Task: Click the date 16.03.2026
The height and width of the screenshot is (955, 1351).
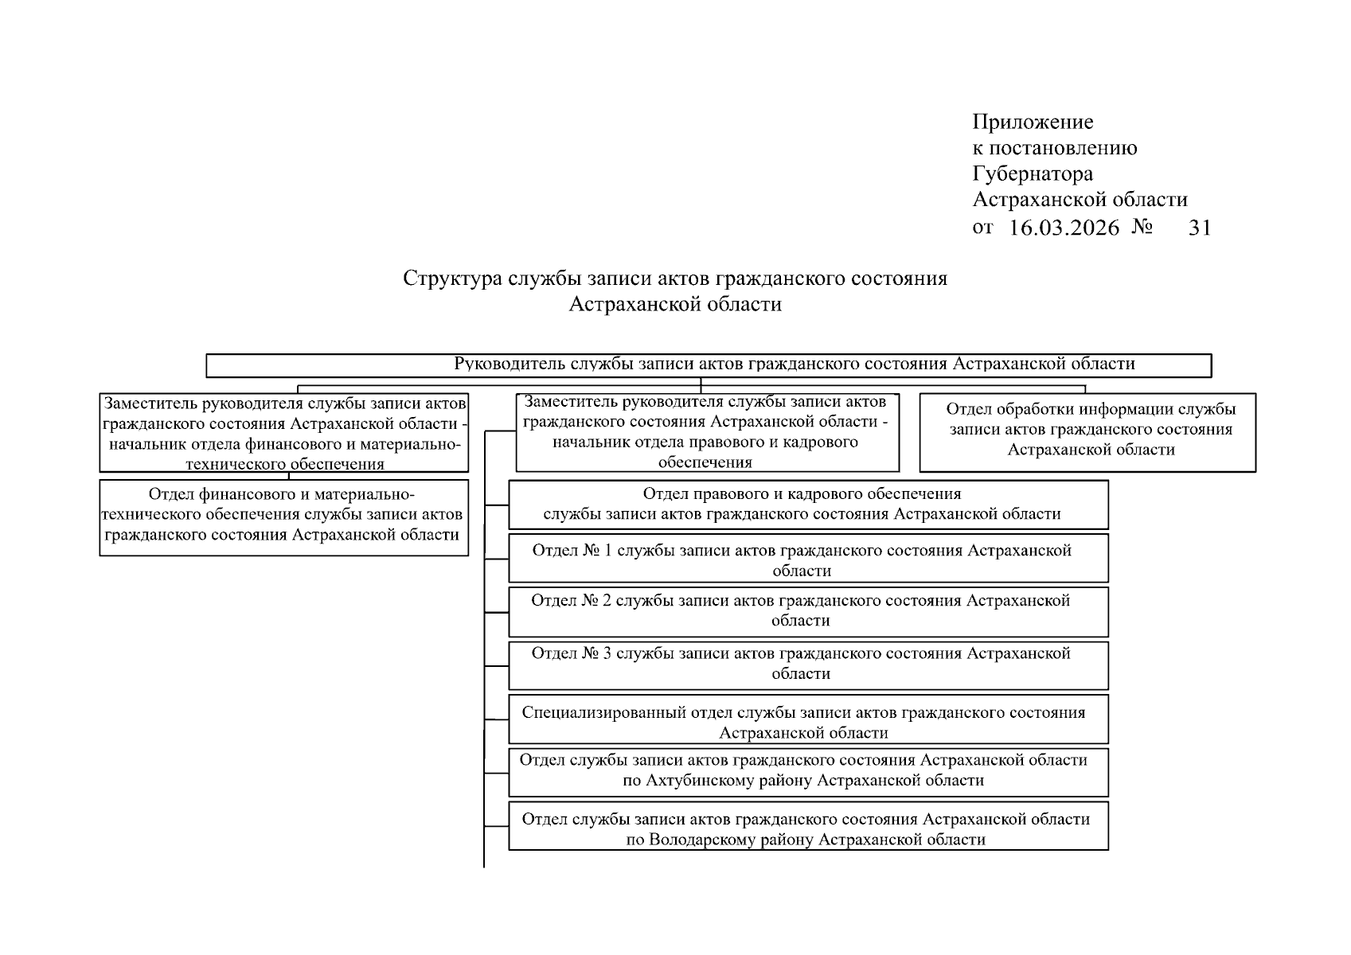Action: tap(1064, 228)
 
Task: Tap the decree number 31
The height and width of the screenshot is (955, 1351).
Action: tap(1200, 228)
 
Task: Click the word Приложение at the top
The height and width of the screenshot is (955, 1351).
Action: tap(1033, 122)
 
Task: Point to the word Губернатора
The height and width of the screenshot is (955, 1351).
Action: tap(1033, 173)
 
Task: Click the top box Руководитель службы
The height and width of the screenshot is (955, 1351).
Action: tap(709, 365)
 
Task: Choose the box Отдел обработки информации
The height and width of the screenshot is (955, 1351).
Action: tap(1087, 431)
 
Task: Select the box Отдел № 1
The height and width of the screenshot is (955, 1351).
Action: tap(808, 559)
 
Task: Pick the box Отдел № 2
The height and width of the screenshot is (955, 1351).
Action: tap(808, 610)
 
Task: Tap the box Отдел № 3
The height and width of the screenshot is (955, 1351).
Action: tap(808, 664)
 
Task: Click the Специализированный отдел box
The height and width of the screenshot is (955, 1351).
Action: tap(808, 721)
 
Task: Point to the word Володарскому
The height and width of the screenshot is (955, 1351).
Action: tap(705, 840)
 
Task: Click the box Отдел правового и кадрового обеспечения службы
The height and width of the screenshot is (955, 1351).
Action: tap(808, 504)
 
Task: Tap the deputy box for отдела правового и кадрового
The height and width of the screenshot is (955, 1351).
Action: tap(707, 433)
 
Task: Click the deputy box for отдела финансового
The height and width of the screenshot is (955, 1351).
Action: tap(283, 433)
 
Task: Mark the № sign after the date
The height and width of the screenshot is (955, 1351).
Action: tap(1142, 228)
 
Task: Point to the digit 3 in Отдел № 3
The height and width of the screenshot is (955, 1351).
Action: tap(607, 654)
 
